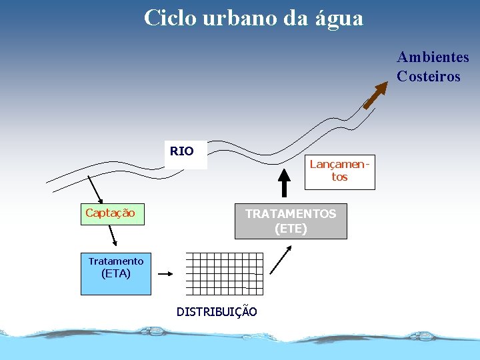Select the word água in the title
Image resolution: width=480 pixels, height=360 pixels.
click(337, 18)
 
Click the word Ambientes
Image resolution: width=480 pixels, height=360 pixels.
click(433, 57)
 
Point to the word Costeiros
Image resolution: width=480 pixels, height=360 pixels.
click(428, 76)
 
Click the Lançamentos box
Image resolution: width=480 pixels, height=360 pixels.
click(340, 171)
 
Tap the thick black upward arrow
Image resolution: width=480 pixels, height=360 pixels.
click(285, 183)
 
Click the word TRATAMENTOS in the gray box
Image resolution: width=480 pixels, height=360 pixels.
click(291, 214)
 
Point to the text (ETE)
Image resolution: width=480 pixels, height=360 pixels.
click(291, 229)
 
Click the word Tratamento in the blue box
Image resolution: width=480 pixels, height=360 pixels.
click(115, 261)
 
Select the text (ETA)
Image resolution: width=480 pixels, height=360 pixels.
click(115, 273)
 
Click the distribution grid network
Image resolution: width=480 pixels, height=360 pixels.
click(224, 273)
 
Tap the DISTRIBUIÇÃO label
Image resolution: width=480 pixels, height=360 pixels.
click(217, 311)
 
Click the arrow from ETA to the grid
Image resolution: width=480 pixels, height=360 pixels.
click(165, 273)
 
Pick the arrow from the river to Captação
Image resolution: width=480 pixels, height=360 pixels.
click(95, 189)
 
